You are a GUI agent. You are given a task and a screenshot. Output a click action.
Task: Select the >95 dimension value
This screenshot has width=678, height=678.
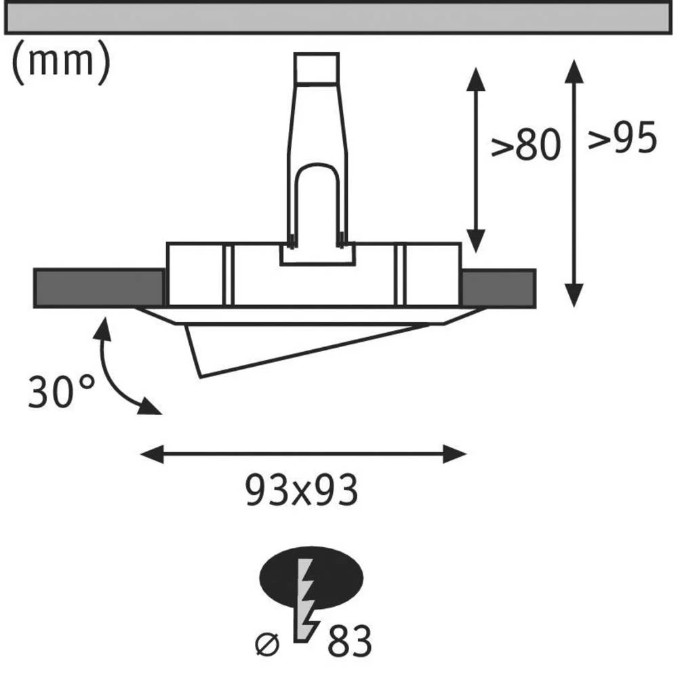622,139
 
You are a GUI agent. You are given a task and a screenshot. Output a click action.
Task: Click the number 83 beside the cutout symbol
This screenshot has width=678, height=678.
350,641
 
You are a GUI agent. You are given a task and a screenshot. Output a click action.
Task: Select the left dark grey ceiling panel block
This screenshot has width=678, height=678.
99,288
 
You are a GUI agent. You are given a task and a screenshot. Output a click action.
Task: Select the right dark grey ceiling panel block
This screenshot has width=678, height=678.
498,288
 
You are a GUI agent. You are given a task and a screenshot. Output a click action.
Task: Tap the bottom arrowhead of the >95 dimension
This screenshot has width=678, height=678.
574,296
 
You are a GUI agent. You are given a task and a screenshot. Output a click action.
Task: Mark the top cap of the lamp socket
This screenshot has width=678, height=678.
317,68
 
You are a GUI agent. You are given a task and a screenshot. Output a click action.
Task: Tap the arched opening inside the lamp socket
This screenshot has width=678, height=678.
317,200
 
